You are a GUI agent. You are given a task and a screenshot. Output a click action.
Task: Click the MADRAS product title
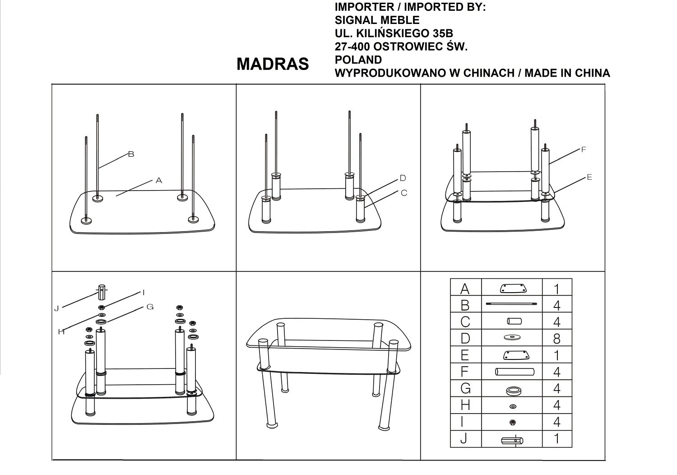pos(273,64)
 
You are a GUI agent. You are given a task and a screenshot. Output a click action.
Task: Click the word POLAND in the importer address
pos(358,60)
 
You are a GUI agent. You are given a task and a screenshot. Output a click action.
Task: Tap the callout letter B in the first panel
pos(131,154)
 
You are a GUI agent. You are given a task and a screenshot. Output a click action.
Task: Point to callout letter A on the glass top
pos(159,181)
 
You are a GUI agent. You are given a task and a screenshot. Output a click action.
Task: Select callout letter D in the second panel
pos(403,178)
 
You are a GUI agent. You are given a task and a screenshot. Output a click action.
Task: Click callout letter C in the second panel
pos(404,193)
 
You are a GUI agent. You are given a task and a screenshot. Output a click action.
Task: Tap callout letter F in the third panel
pos(584,149)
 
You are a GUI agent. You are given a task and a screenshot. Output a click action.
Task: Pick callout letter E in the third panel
pos(589,177)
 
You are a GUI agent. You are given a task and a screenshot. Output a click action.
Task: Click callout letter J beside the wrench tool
pos(56,309)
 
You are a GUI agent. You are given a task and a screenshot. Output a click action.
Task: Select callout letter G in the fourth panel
pos(150,307)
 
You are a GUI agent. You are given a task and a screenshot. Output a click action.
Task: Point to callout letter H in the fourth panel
pos(61,332)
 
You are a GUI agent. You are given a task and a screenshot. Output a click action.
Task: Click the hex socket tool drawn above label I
pos(102,292)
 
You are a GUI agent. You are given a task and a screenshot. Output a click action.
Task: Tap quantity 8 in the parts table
pos(556,339)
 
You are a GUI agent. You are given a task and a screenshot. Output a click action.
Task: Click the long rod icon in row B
pos(511,304)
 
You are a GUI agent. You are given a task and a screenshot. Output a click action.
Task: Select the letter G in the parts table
pos(465,388)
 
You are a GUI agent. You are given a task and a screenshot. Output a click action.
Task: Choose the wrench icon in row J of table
pos(512,441)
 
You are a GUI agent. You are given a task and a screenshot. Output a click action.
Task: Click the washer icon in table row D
pos(512,337)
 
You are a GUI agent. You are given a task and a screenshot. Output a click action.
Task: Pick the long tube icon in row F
pos(515,372)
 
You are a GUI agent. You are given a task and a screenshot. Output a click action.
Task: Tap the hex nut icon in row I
pos(512,422)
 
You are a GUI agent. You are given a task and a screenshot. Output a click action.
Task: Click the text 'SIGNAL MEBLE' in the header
pos(377,20)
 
